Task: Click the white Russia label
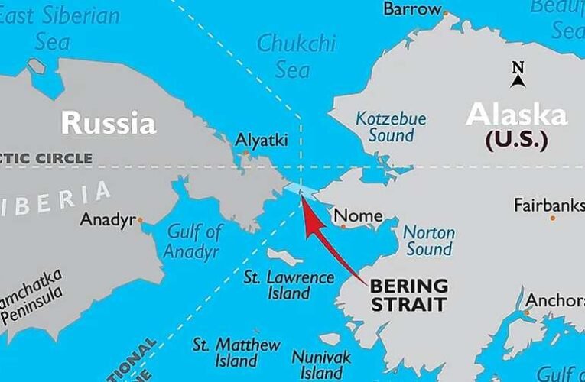point(109,122)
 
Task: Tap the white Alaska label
point(517,115)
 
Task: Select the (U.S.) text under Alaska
point(516,141)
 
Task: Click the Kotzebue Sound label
point(392,128)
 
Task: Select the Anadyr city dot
point(140,220)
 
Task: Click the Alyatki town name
point(262,141)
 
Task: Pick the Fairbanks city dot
point(553,219)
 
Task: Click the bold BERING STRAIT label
point(408,295)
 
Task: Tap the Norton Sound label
point(429,241)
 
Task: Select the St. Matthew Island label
point(236,353)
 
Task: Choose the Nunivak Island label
point(321,364)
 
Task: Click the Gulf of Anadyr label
point(193,241)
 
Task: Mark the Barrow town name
point(412,10)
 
